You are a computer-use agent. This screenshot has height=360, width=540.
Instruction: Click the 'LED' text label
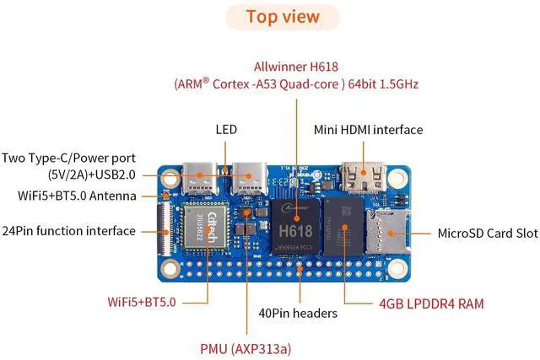coord(226,130)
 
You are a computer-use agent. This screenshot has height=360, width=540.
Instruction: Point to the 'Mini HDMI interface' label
coord(368,130)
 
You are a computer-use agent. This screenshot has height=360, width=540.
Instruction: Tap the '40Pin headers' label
coord(298,313)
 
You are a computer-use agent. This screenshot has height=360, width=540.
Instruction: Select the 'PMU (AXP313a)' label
coord(246,346)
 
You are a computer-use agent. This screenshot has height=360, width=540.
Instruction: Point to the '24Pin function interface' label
coord(69,230)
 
